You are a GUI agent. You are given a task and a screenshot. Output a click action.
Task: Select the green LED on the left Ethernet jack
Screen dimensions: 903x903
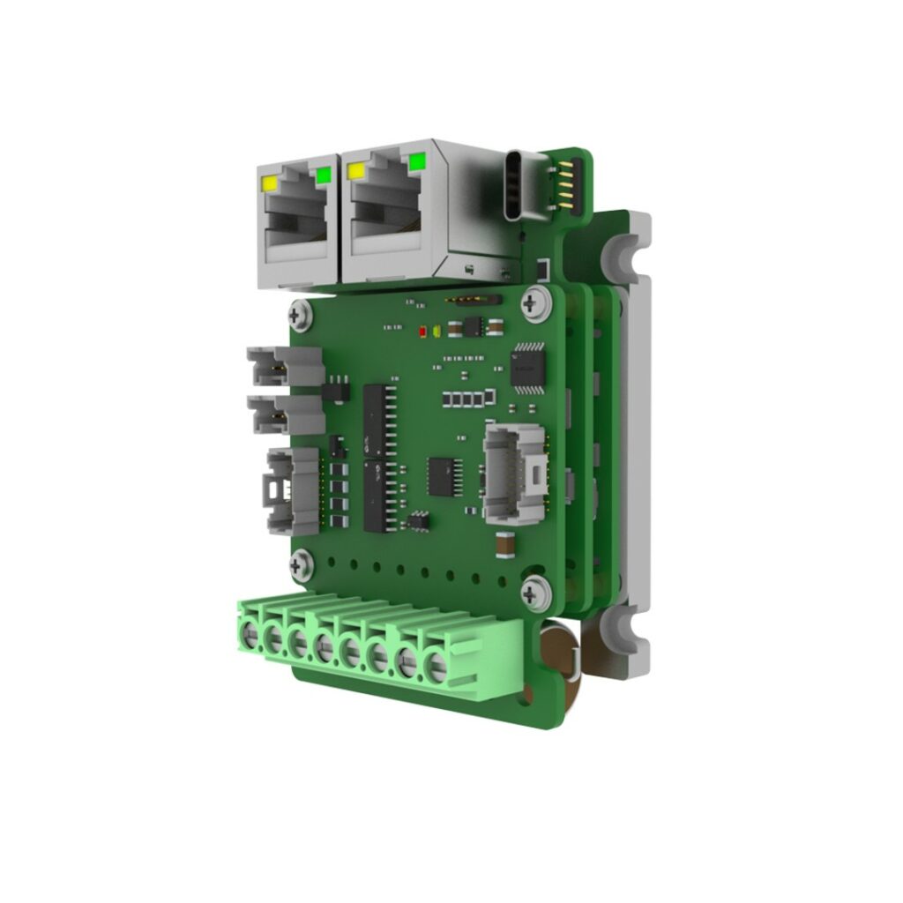click(323, 175)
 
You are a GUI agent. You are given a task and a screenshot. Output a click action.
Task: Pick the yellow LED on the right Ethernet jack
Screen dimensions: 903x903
click(357, 171)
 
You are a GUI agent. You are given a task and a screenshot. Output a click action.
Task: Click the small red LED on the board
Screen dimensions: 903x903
click(424, 333)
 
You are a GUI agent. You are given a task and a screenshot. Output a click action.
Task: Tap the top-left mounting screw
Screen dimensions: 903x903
click(300, 315)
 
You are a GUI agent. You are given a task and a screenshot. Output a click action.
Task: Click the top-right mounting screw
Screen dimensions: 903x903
click(532, 303)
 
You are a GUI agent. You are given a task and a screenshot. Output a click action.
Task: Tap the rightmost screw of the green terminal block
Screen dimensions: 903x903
click(437, 668)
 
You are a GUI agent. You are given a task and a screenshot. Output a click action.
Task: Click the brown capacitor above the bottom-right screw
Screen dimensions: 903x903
click(505, 548)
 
